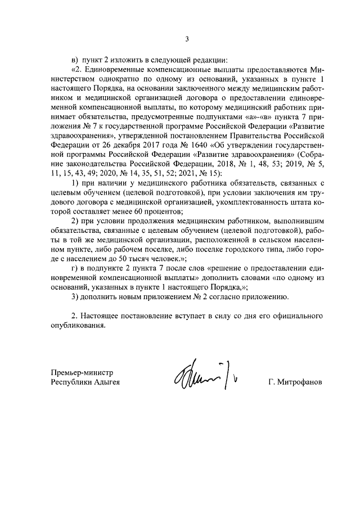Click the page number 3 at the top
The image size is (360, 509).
pos(188,39)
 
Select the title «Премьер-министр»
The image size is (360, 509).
pos(82,372)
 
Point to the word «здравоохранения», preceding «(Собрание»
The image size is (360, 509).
pos(255,154)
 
